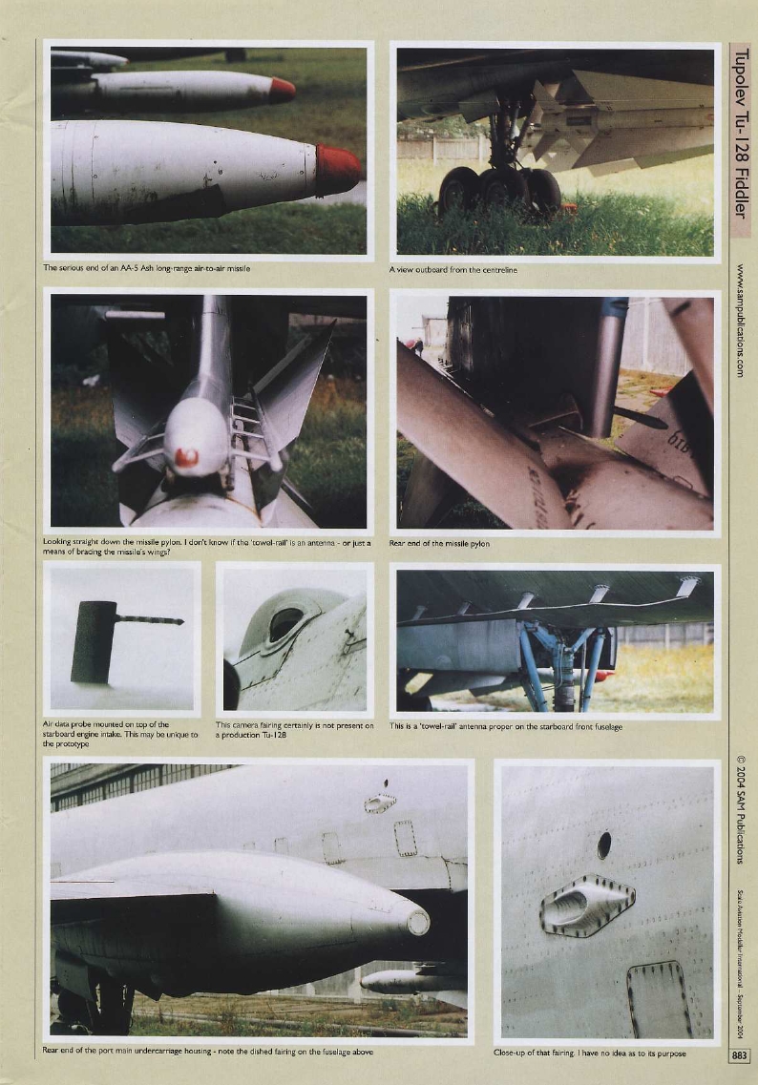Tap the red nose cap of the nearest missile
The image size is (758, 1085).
click(338, 170)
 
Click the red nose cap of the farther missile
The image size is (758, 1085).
click(282, 90)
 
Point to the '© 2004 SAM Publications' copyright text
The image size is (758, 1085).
click(741, 809)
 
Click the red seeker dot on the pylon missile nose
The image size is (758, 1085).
click(186, 457)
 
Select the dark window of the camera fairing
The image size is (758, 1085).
click(284, 625)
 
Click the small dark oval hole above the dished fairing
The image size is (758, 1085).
click(603, 845)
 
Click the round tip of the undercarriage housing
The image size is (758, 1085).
click(418, 922)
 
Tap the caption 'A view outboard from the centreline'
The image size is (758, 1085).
click(453, 270)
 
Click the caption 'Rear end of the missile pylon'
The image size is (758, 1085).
click(440, 543)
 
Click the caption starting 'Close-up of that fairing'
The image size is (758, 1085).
click(589, 1053)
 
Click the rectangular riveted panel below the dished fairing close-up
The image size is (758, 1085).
click(659, 999)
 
